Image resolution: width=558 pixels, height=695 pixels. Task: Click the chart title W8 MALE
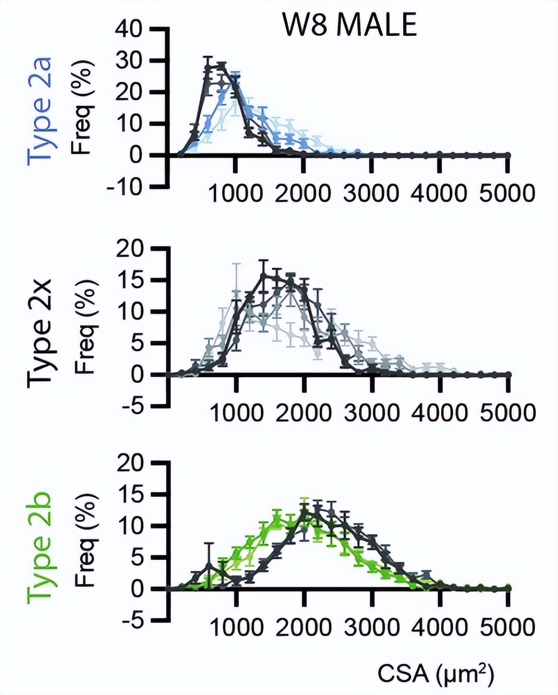349,25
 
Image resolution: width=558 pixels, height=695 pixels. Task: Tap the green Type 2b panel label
40,547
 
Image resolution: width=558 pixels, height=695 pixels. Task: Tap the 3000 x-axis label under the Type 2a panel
371,193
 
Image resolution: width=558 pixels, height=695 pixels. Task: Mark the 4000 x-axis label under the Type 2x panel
439,413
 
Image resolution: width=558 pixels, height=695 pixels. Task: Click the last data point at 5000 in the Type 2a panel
508,155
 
